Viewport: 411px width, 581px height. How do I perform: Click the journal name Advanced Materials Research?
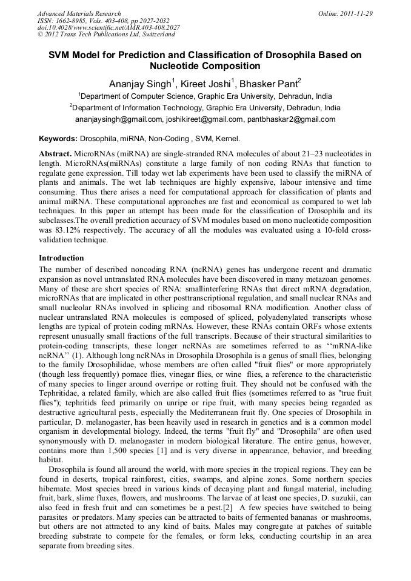(79, 13)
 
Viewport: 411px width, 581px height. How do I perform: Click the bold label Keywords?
(58, 139)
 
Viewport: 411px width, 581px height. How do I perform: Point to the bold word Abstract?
(56, 154)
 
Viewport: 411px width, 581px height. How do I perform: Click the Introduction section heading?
(61, 258)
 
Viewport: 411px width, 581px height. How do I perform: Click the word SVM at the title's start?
(60, 55)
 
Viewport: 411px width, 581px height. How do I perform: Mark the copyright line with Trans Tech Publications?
(106, 35)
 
